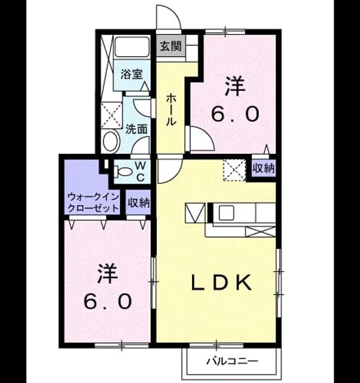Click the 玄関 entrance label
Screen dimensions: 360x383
click(x=170, y=45)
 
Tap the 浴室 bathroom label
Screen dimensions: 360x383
click(x=132, y=74)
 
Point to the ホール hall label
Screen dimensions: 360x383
click(x=170, y=110)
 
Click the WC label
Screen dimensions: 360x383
click(x=140, y=172)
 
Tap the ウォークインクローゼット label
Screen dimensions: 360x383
click(x=93, y=202)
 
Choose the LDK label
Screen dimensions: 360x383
click(x=221, y=282)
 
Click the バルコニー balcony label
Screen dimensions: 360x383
click(x=232, y=361)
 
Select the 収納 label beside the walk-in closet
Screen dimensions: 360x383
click(x=139, y=202)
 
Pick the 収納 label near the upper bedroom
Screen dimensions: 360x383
click(x=264, y=168)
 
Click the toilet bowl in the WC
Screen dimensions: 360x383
click(x=124, y=171)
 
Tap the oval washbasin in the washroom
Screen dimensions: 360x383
click(x=111, y=141)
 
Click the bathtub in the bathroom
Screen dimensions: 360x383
click(x=132, y=47)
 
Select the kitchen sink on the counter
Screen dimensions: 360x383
click(x=226, y=212)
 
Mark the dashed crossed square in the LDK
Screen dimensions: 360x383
click(x=234, y=170)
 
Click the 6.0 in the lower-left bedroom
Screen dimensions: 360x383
click(x=108, y=301)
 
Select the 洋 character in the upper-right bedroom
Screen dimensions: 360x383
click(x=235, y=86)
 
